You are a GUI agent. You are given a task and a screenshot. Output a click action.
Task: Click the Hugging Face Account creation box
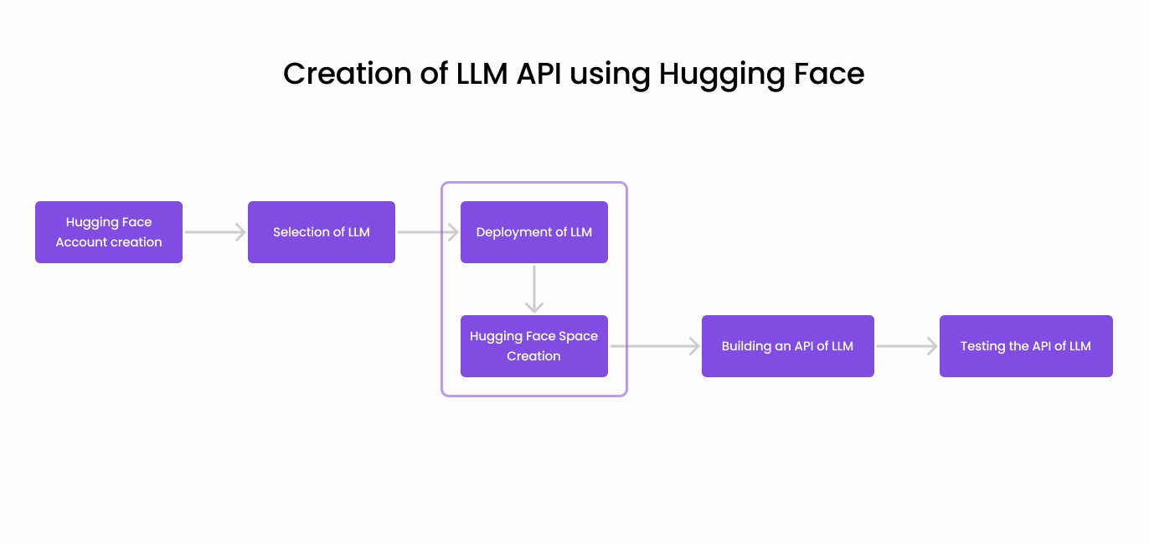[109, 232]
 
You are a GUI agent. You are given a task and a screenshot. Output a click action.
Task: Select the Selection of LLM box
[321, 232]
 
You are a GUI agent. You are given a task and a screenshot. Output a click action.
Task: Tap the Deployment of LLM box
[533, 232]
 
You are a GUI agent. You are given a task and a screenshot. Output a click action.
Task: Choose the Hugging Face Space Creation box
[533, 346]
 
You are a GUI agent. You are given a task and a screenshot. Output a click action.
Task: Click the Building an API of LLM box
[787, 346]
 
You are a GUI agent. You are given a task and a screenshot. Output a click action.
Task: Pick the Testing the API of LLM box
[1025, 346]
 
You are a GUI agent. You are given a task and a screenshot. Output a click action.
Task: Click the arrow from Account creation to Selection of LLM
[215, 232]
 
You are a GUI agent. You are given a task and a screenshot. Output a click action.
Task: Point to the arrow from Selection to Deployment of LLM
[428, 232]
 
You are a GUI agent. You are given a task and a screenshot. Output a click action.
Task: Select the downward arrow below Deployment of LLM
[534, 289]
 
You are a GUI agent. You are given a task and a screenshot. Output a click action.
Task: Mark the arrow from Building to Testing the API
[907, 346]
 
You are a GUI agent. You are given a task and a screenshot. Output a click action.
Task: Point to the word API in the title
[538, 74]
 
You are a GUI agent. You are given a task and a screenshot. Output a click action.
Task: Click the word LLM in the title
[482, 74]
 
